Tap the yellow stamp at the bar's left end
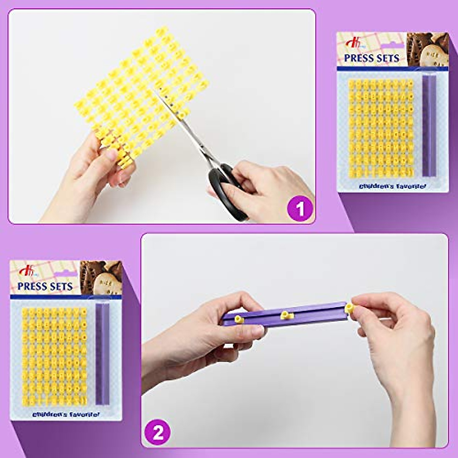click(238, 319)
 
